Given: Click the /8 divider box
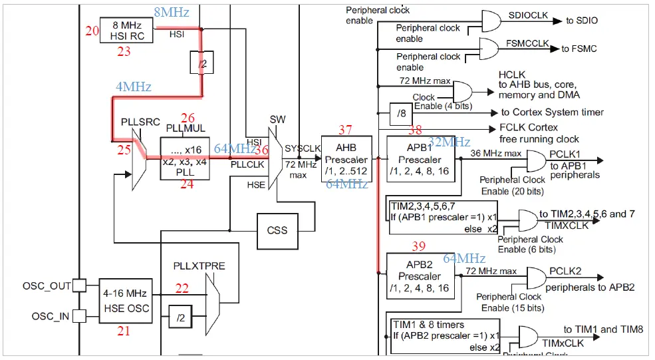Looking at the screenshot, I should click(401, 113).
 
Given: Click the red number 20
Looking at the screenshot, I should click(92, 30).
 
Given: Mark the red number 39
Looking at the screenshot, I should click(418, 246).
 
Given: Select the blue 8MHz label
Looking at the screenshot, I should click(172, 12).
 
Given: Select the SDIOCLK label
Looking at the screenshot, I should click(527, 15).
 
